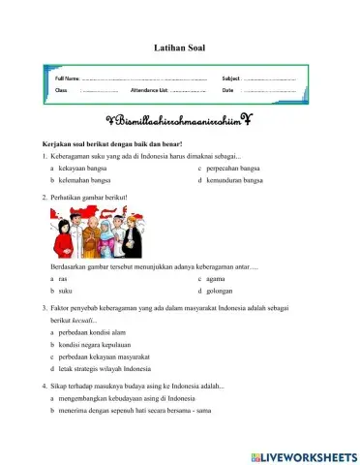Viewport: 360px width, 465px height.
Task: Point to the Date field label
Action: pyautogui.click(x=227, y=90)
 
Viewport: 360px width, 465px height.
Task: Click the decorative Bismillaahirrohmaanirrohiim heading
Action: pyautogui.click(x=179, y=120)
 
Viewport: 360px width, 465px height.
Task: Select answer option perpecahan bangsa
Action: pyautogui.click(x=230, y=168)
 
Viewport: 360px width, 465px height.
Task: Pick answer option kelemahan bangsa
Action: pyautogui.click(x=84, y=180)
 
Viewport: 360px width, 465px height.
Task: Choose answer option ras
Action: pyautogui.click(x=63, y=277)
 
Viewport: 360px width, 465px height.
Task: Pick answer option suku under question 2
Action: pyautogui.click(x=65, y=290)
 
